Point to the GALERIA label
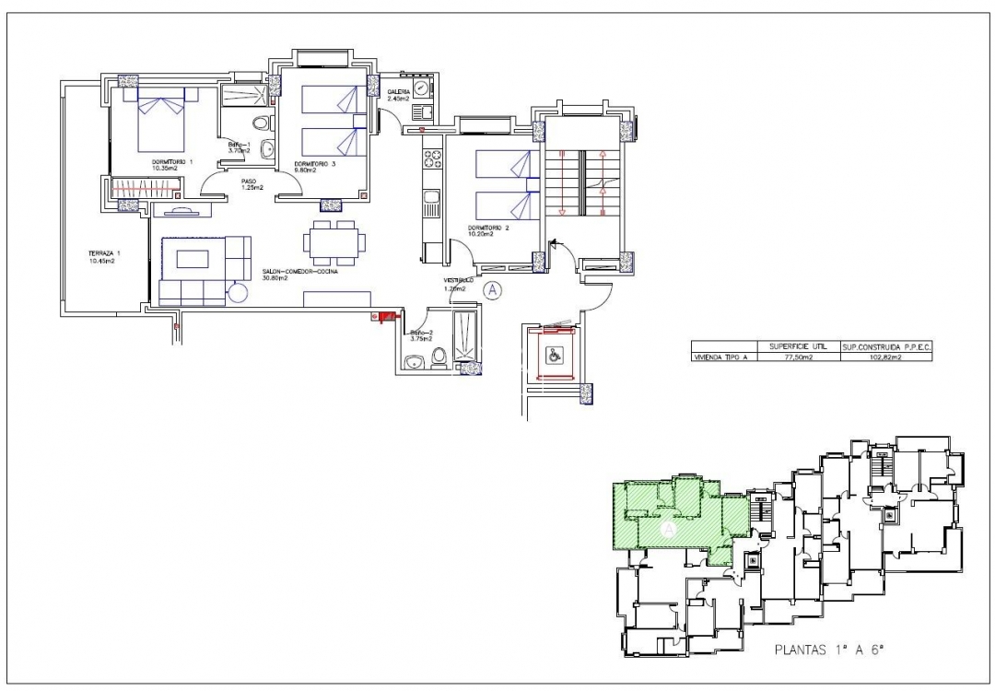point(398,92)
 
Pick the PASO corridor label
point(248,181)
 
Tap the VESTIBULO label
point(458,280)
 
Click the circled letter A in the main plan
point(493,290)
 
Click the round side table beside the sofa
point(238,293)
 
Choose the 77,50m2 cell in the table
point(795,356)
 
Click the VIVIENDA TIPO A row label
point(723,356)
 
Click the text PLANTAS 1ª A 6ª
point(828,650)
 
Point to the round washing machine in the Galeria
point(421,89)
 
